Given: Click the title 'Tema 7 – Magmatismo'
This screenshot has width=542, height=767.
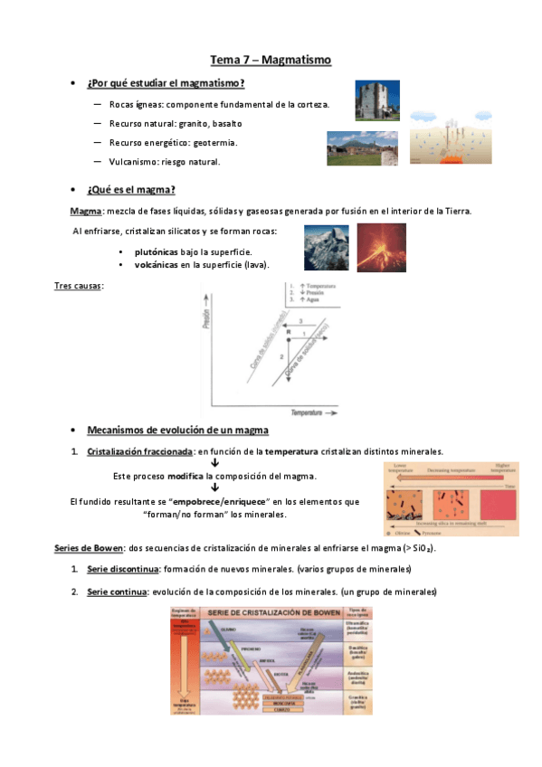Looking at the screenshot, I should tap(271, 61).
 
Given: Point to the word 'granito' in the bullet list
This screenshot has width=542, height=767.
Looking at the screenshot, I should tap(197, 123).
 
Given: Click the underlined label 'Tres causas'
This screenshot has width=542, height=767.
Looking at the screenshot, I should tap(79, 286).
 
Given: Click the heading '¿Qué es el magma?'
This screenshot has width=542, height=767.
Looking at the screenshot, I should tap(131, 189).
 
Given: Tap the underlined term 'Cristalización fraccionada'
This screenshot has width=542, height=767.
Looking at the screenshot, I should tap(140, 450).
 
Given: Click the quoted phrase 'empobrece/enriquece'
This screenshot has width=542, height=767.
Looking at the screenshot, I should tap(220, 501).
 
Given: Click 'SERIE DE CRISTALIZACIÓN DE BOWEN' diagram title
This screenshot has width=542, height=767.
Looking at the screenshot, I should tap(271, 613).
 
